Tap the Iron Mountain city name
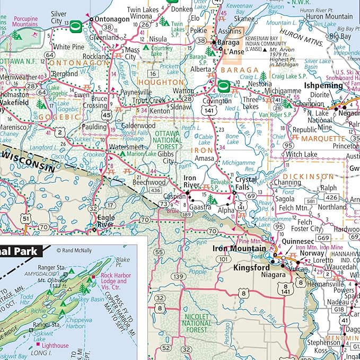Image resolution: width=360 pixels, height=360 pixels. (x=239, y=248)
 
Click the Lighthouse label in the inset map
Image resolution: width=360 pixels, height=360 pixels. (x=55, y=346)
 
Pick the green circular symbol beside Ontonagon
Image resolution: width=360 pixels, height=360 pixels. (x=75, y=24)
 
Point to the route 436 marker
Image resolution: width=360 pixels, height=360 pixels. (x=155, y=189)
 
